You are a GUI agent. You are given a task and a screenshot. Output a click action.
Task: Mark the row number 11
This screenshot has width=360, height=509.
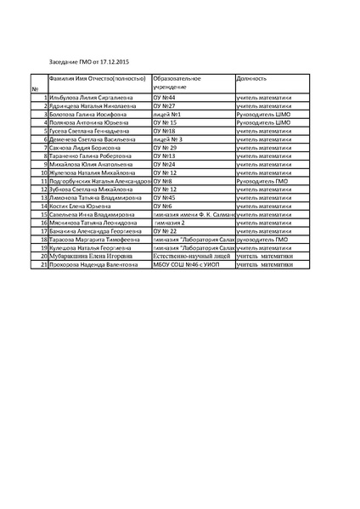click(x=42, y=181)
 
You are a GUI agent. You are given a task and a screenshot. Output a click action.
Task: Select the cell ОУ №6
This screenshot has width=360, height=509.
click(x=163, y=206)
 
